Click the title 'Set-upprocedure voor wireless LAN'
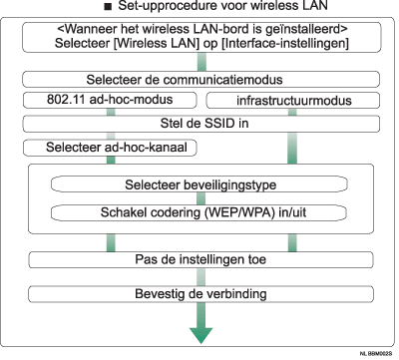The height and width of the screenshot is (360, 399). click(206, 8)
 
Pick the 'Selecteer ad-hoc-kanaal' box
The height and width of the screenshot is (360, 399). click(104, 148)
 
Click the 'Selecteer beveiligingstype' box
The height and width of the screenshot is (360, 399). click(202, 184)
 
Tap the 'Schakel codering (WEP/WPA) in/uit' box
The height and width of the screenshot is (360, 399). click(203, 210)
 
